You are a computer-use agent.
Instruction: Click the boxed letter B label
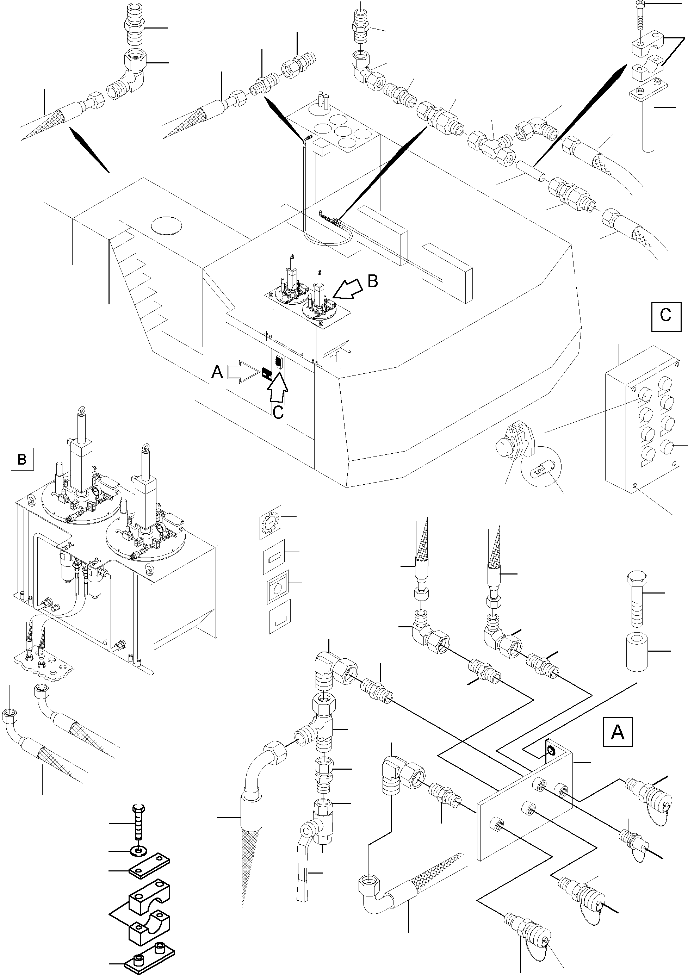[22, 459]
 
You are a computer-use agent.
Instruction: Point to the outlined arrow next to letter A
[242, 372]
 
